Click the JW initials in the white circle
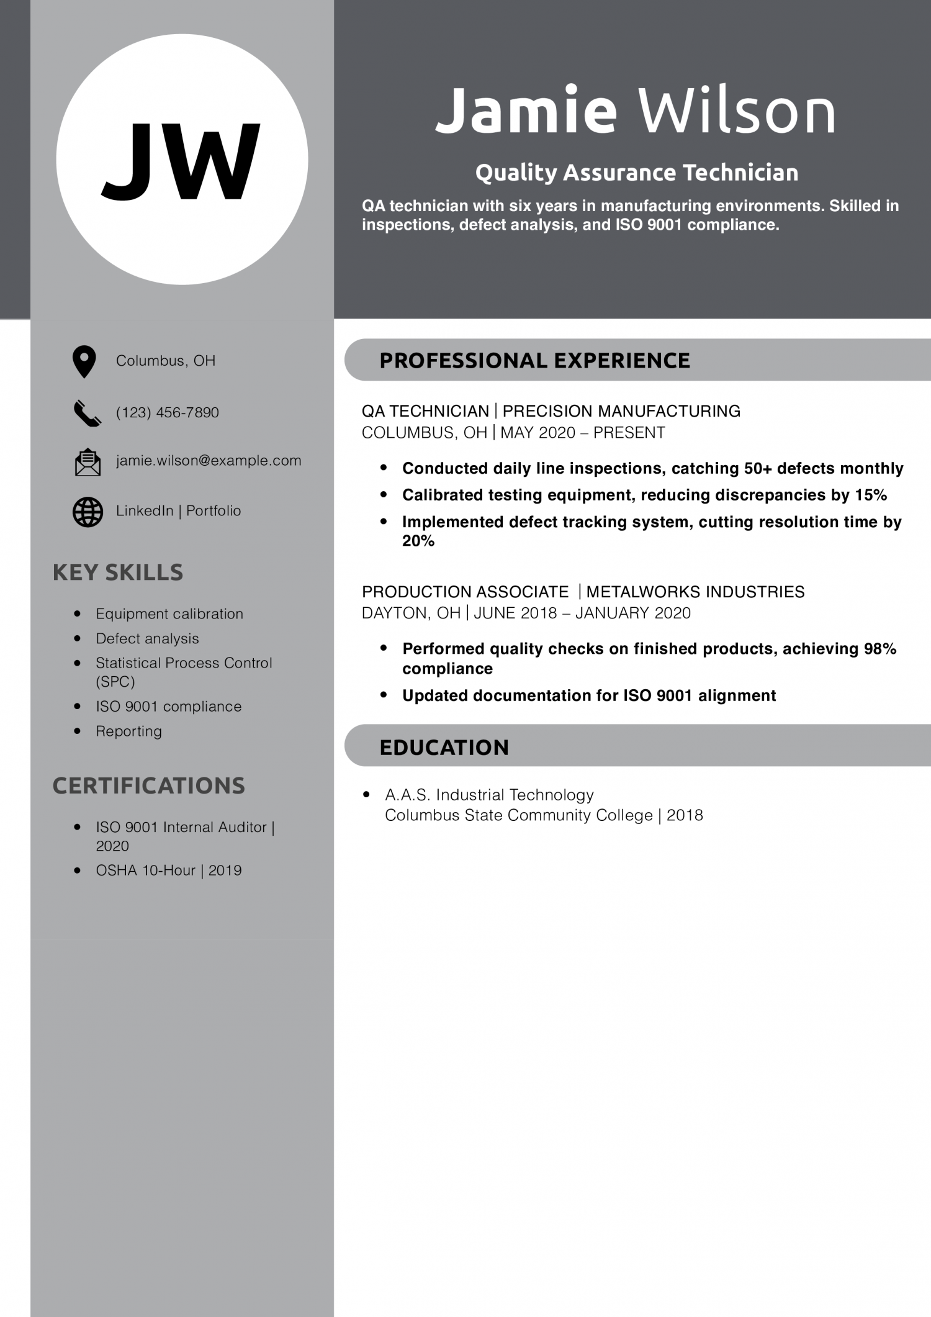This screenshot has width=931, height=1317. (x=181, y=161)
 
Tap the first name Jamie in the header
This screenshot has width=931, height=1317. (x=526, y=111)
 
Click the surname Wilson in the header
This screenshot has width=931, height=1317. (x=737, y=111)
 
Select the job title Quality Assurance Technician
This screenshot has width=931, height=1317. (x=637, y=173)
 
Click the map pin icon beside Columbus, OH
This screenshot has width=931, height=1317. (x=84, y=361)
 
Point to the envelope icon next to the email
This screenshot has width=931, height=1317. (x=88, y=462)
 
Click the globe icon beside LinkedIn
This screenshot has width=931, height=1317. (x=88, y=512)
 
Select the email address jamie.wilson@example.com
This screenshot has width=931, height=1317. (x=209, y=461)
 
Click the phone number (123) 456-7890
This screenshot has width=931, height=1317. (x=168, y=412)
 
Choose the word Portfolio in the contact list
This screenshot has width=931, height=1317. (x=214, y=511)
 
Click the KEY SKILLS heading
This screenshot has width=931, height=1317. (x=118, y=573)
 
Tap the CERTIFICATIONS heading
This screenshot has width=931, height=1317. (x=149, y=785)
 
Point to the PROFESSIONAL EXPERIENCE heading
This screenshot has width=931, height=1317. (x=534, y=361)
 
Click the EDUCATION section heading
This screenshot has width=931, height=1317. (x=444, y=748)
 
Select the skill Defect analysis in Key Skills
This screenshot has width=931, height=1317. (x=147, y=638)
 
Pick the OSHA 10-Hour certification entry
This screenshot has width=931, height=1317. (x=168, y=871)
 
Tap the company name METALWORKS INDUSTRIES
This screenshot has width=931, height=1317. (x=695, y=592)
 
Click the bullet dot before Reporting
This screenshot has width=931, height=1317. (x=78, y=731)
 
